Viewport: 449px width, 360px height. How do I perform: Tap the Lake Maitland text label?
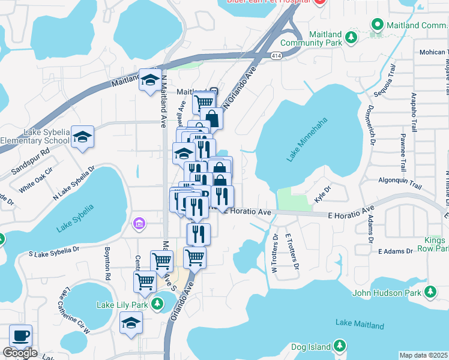click(360, 325)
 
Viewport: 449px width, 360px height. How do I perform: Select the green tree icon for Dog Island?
click(340, 346)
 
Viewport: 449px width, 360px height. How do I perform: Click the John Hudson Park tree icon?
click(430, 292)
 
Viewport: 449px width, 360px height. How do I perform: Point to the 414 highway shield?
click(276, 55)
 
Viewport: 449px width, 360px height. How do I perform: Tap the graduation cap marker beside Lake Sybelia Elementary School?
click(83, 137)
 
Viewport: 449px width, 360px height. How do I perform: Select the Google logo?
click(20, 353)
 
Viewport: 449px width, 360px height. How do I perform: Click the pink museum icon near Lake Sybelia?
click(139, 224)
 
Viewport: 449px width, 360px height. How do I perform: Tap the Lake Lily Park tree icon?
click(157, 305)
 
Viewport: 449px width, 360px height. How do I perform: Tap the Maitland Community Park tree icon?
click(351, 38)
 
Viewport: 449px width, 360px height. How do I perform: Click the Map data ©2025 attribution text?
click(424, 355)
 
